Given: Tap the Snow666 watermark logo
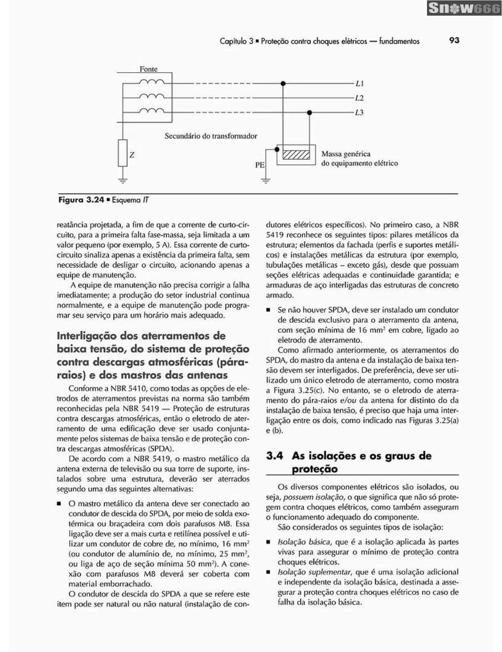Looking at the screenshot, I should (x=464, y=9).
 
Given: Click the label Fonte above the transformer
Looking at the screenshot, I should (x=148, y=69).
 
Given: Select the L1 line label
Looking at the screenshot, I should (x=359, y=84).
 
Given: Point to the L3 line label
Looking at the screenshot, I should (x=359, y=113).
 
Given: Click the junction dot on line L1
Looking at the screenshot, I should (x=283, y=84).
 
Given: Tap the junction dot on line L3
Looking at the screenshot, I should (x=310, y=113).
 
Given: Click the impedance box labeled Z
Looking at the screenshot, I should (x=123, y=153).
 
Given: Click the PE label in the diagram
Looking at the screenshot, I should (x=260, y=165).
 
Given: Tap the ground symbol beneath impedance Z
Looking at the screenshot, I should (x=123, y=180).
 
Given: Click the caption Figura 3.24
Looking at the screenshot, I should (x=81, y=200).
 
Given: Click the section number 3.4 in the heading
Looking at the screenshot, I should (x=274, y=456).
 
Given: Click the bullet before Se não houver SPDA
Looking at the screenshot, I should (x=268, y=311).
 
